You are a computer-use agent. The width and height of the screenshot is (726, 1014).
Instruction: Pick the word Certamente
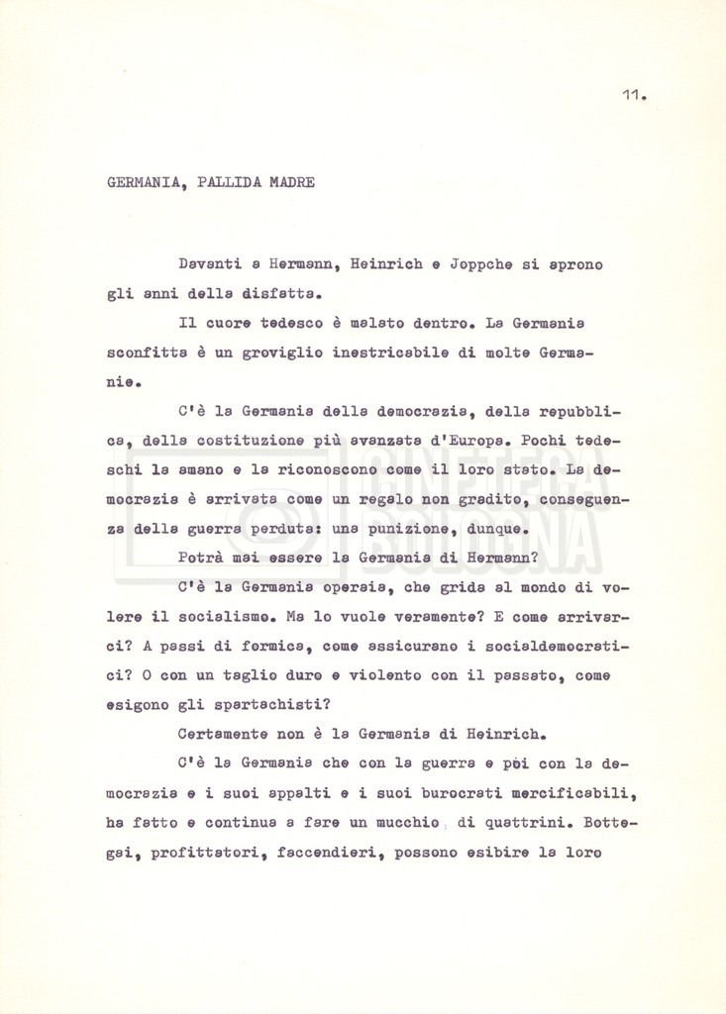pos(227,733)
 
